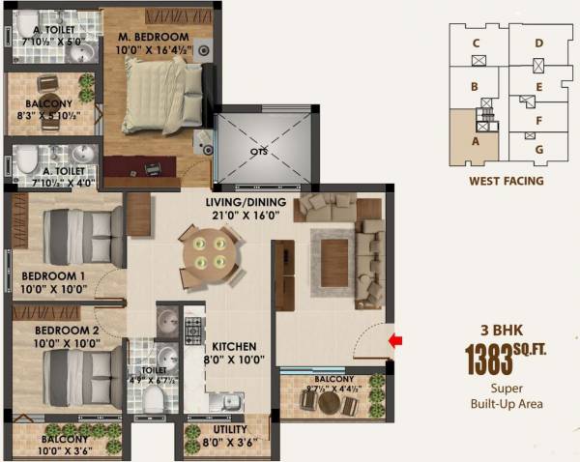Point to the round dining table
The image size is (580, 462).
coord(208,252)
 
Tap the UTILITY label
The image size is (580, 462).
coord(230,429)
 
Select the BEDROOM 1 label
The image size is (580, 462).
coord(54,274)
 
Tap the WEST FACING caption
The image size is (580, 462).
coord(506,181)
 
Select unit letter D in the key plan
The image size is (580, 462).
coord(538,43)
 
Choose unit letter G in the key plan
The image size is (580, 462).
coord(538,149)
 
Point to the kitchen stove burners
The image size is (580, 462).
coord(193,331)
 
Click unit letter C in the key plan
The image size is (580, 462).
coord(476,43)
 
